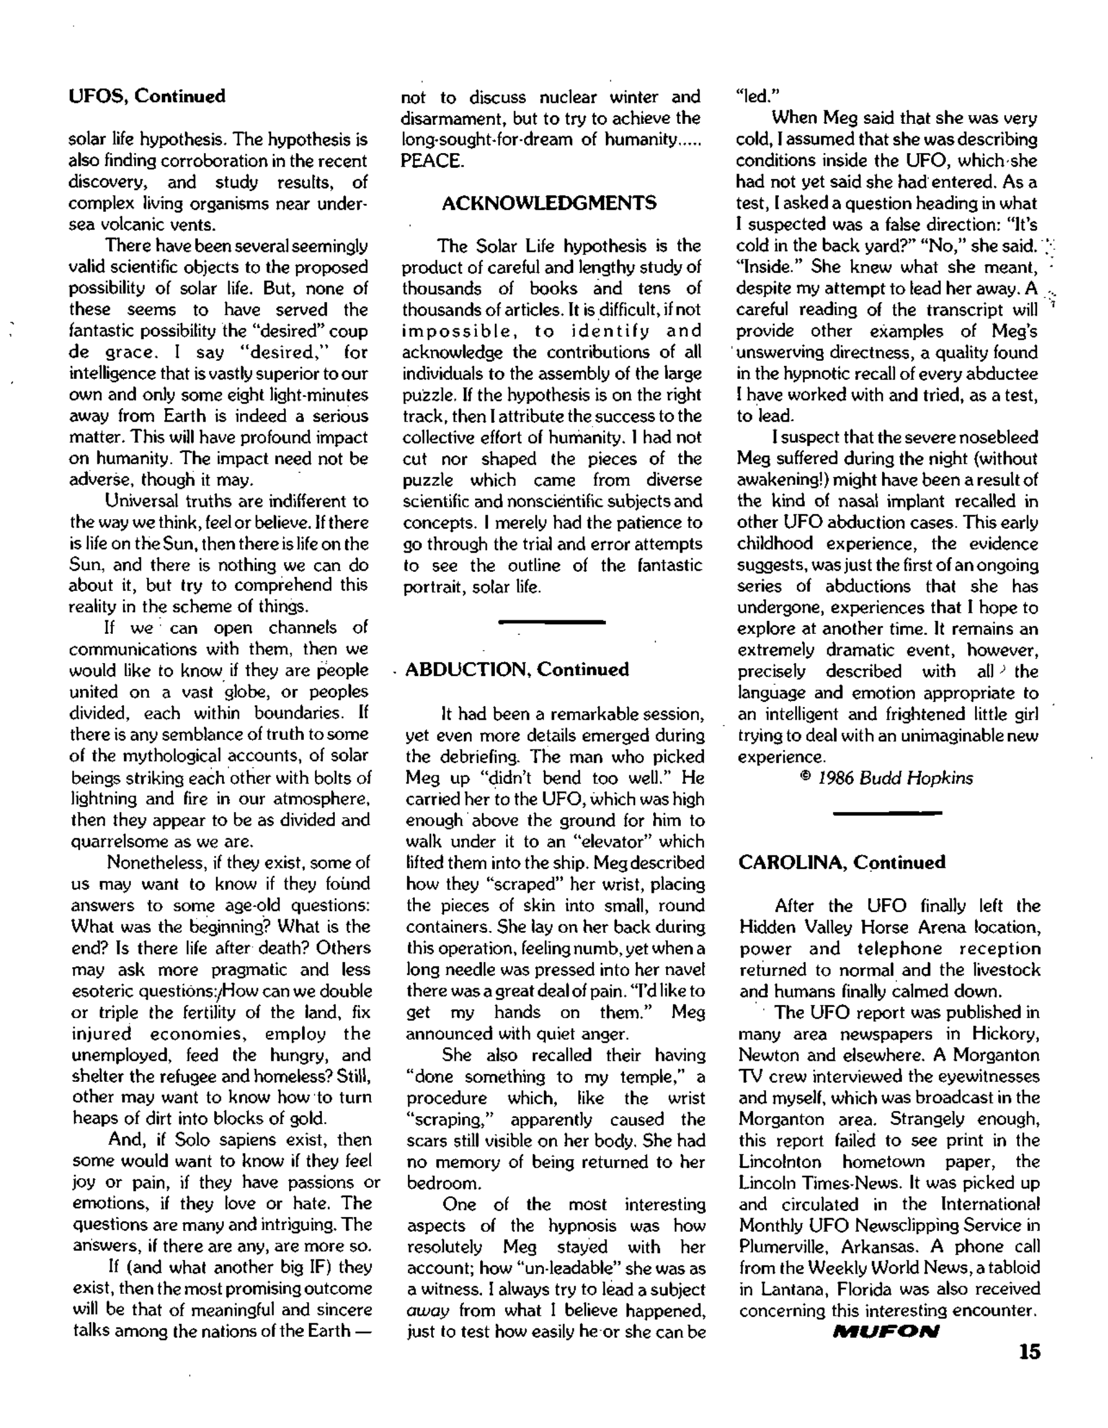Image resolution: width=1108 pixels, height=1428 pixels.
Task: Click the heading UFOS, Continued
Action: pyautogui.click(x=147, y=96)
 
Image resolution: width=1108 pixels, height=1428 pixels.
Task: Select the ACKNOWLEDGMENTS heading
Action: pyautogui.click(x=549, y=203)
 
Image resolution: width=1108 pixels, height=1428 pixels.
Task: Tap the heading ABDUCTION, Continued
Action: pyautogui.click(x=517, y=669)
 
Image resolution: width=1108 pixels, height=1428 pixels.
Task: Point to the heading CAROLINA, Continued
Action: pyautogui.click(x=842, y=862)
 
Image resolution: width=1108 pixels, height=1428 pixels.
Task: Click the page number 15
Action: pyautogui.click(x=1029, y=1352)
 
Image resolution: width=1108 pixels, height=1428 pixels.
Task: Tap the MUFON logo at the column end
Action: pyautogui.click(x=886, y=1331)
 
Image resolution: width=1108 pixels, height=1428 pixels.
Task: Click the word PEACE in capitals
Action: pyautogui.click(x=432, y=161)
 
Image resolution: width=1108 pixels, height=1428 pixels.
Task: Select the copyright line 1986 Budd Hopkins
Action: pyautogui.click(x=887, y=778)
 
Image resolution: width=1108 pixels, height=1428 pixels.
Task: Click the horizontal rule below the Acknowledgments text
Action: pyautogui.click(x=552, y=622)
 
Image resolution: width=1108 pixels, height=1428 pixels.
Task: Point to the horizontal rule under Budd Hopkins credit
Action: pyautogui.click(x=888, y=813)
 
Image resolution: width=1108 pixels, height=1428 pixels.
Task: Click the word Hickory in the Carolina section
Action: pyautogui.click(x=1005, y=1034)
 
